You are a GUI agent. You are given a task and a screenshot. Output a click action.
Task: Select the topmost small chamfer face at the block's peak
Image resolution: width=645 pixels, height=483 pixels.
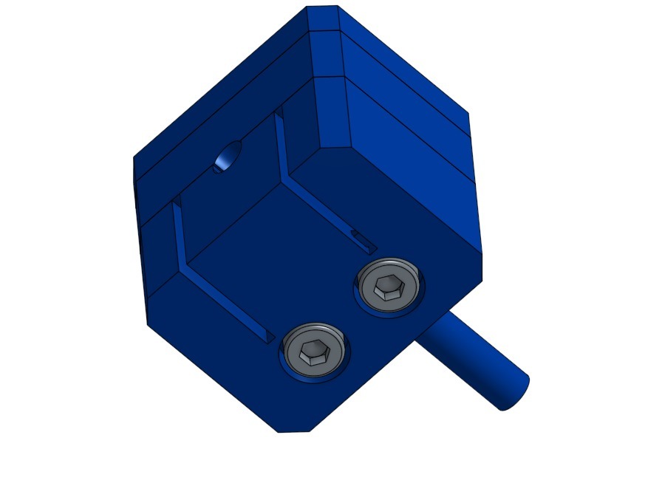pyautogui.click(x=323, y=18)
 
